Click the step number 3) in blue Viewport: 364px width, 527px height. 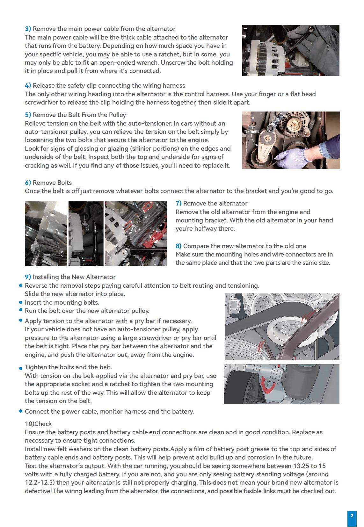tap(28, 29)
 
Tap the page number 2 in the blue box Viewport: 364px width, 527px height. tap(352, 516)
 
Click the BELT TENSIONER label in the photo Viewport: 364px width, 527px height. tap(251, 130)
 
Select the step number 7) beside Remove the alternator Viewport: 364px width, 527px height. tap(178, 204)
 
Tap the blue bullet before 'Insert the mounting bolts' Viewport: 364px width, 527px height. tap(21, 302)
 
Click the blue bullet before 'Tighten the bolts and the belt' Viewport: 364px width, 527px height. tap(21, 368)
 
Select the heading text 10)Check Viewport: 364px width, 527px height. tap(38, 424)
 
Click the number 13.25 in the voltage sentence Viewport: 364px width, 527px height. tap(301, 466)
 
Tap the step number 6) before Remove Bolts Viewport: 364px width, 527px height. tap(28, 183)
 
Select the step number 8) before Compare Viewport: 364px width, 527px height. tap(178, 246)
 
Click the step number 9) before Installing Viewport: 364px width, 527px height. tap(28, 277)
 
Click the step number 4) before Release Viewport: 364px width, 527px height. tap(28, 86)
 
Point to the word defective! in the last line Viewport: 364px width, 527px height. tap(38, 491)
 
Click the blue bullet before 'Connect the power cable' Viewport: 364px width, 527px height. tap(21, 411)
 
